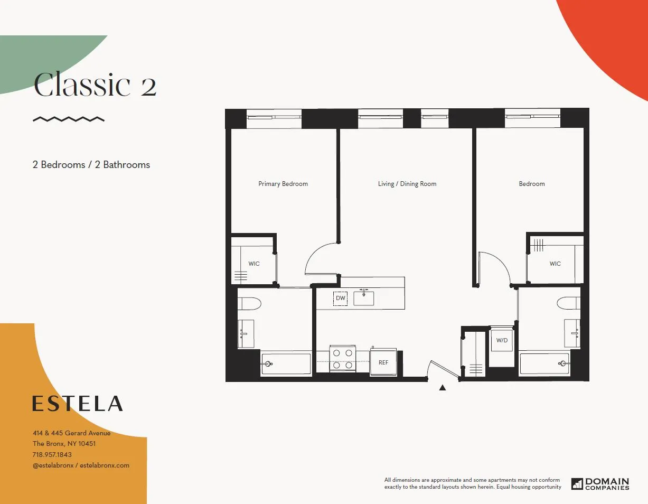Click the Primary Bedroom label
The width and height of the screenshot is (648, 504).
[x=283, y=184]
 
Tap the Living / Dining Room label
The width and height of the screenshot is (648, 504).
[x=407, y=184]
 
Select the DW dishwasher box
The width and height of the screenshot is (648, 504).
[x=341, y=298]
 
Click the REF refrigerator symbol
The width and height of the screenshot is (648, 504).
[x=383, y=362]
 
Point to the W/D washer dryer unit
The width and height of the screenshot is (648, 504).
[x=501, y=341]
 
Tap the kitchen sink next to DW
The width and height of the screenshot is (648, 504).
[x=363, y=298]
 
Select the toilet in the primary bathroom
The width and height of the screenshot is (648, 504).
[x=249, y=304]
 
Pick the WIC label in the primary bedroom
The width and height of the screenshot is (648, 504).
[x=254, y=264]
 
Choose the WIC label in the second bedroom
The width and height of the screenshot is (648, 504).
[x=555, y=264]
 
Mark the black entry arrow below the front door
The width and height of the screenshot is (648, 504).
[x=443, y=388]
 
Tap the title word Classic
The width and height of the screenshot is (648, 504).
[x=82, y=86]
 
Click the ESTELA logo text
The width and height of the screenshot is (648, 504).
[x=77, y=404]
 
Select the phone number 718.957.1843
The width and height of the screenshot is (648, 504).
[x=52, y=454]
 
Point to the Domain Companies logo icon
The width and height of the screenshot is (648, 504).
[x=577, y=483]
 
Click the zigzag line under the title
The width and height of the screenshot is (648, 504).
[x=69, y=119]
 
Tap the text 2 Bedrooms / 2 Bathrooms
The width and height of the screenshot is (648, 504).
[x=91, y=165]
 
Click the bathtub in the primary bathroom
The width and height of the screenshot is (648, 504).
[x=286, y=363]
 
